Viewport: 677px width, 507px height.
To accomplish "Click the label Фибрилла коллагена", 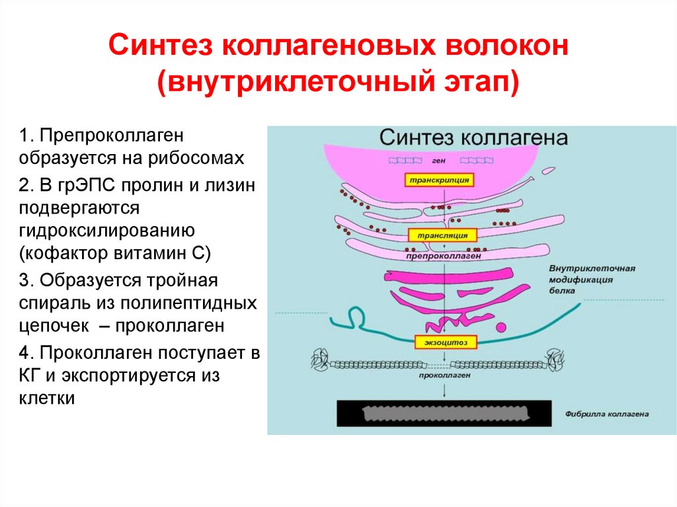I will [x=608, y=414].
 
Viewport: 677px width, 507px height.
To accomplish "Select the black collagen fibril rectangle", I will [x=444, y=414].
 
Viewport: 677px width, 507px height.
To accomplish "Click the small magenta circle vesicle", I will [x=500, y=327].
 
